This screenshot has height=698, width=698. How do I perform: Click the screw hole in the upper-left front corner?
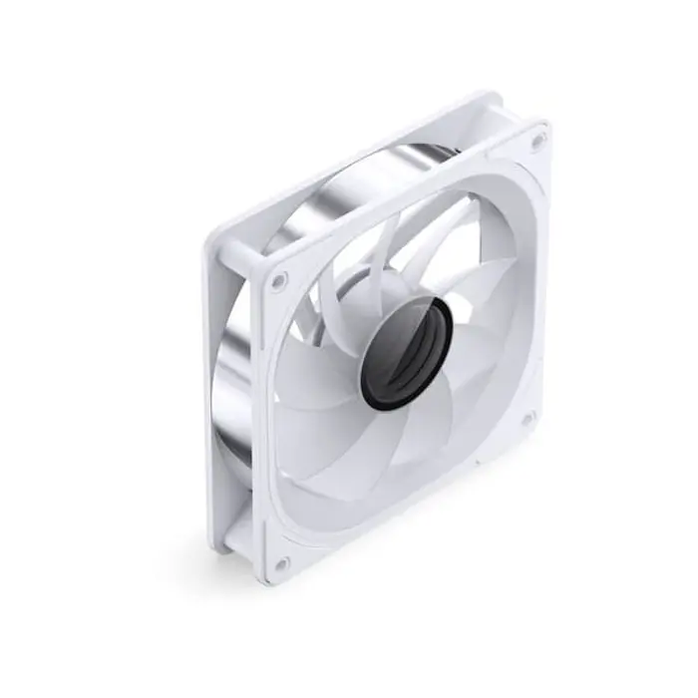tap(278, 281)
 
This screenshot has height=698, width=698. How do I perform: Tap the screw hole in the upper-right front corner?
tap(537, 141)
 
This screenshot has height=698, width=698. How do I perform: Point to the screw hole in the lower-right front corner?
tap(528, 418)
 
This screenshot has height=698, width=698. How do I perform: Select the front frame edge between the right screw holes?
tap(538, 279)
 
